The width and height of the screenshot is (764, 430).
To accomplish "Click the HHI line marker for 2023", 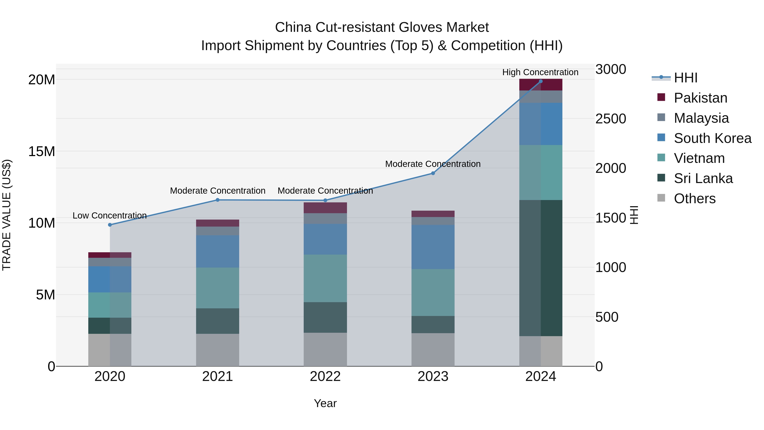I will tap(433, 173).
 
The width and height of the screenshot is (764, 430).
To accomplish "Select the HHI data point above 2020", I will tap(110, 225).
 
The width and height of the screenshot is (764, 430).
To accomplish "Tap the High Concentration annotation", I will tap(540, 72).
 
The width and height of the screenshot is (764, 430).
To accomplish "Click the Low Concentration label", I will tap(110, 216).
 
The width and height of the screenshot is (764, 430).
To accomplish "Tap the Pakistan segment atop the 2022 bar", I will tap(325, 208).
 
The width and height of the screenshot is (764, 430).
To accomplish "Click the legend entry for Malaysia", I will tap(701, 118).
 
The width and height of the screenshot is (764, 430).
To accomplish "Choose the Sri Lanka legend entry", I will tap(703, 178).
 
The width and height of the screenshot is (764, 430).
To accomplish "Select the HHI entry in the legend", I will tap(685, 78).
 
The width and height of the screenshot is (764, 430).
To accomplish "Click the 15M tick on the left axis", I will tap(42, 151).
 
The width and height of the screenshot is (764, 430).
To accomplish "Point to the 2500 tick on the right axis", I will tap(610, 119).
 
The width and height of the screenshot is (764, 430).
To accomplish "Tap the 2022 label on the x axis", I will tap(325, 376).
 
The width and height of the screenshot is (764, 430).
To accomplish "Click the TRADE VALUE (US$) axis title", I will tap(7, 215).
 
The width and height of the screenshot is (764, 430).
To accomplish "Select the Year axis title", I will tap(325, 403).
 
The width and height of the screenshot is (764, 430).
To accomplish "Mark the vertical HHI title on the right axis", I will tap(633, 215).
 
